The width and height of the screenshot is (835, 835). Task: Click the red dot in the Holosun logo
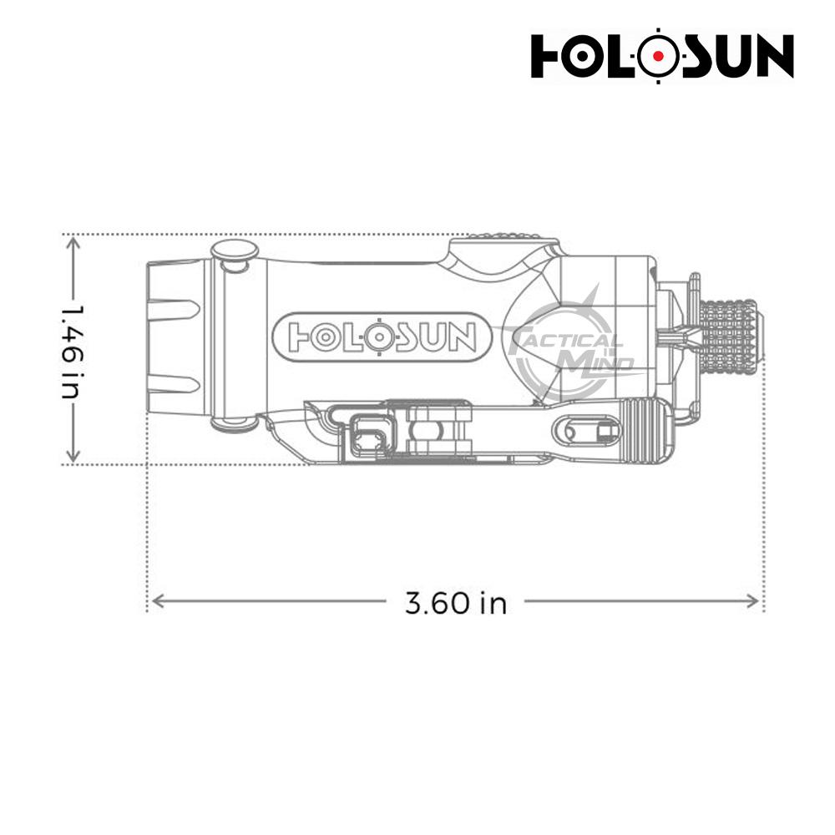point(659,55)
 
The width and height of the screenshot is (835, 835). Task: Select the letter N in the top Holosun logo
point(772,56)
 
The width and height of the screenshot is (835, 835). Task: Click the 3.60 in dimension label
point(455,603)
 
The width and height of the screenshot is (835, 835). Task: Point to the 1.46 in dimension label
point(72,352)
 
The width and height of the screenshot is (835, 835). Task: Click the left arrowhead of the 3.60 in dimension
point(157,602)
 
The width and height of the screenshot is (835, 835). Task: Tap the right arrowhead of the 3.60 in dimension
point(753,602)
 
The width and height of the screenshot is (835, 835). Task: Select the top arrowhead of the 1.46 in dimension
point(73,244)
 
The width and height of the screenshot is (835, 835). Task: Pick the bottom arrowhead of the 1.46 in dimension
point(73,455)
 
